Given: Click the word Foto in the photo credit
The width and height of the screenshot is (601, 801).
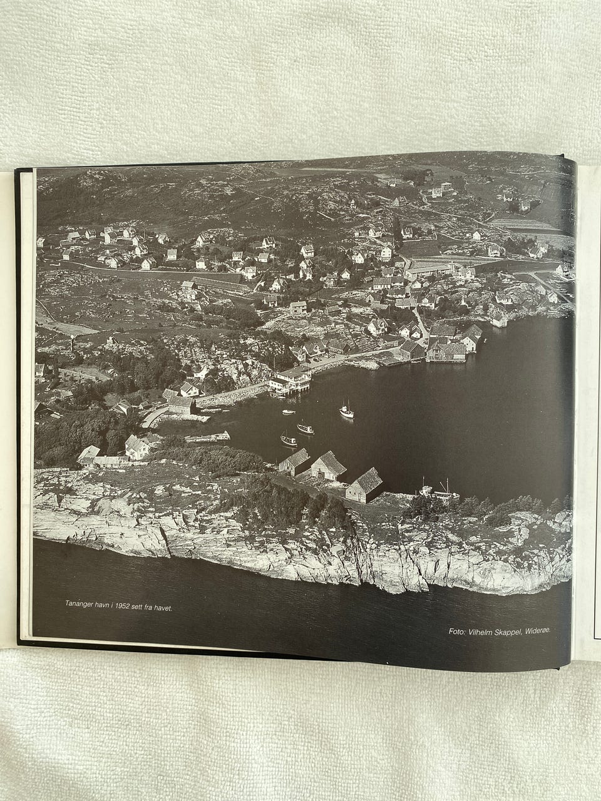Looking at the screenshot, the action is click(457, 631).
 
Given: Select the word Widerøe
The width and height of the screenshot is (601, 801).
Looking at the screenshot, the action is click(539, 630).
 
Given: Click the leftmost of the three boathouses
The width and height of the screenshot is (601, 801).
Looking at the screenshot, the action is click(294, 462).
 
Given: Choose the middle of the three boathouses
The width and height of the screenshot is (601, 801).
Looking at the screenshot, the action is click(328, 466).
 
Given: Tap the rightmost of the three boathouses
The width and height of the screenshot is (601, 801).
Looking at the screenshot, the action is click(364, 484).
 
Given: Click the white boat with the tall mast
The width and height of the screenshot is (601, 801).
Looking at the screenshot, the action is click(346, 411).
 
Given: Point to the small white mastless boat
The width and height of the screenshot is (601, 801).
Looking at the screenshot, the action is click(288, 411).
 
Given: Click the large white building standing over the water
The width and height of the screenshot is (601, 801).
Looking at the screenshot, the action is click(290, 379).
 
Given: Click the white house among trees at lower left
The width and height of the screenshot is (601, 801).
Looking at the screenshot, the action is click(136, 447).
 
